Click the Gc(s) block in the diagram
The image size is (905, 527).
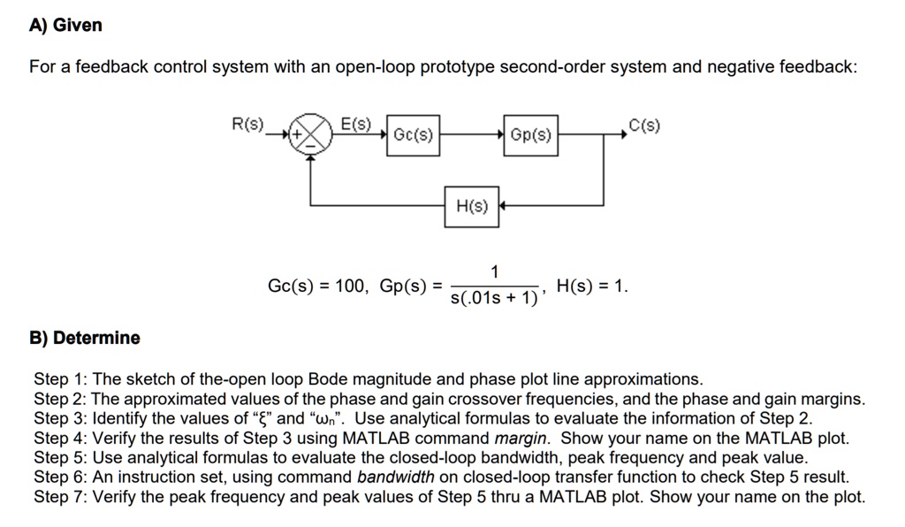pos(413,135)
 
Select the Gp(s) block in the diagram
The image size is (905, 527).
pos(531,135)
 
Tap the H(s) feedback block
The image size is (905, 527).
pos(472,206)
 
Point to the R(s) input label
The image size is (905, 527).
pos(248,125)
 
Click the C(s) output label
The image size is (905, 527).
pos(643,125)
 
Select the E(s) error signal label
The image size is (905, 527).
pos(356,123)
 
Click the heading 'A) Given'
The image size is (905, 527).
pos(65,26)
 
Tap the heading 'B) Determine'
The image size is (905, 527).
pos(85,338)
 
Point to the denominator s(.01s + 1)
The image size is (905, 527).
pos(494,299)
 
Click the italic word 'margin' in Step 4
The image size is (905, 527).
pos(522,438)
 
